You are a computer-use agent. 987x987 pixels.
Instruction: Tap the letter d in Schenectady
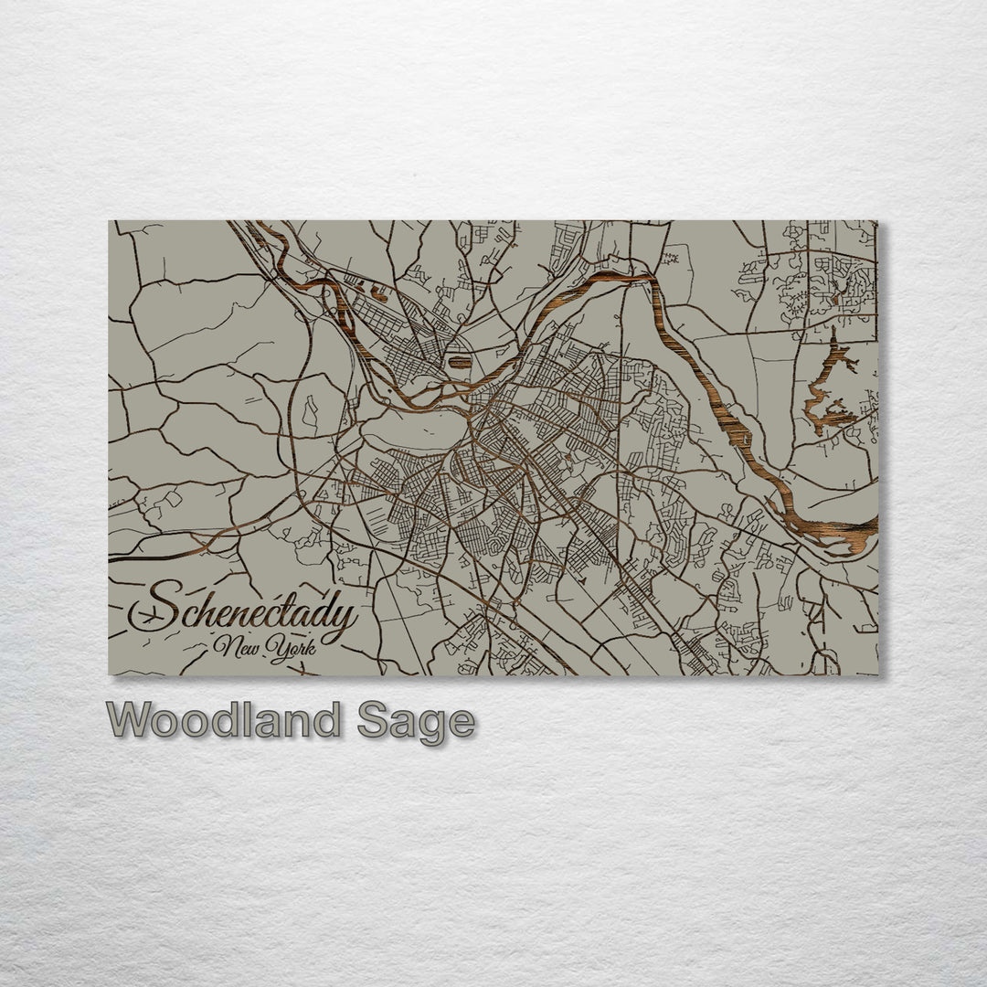[320, 605]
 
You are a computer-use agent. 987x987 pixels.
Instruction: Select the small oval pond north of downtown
[460, 362]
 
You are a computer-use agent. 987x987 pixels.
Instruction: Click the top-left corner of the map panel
[110, 221]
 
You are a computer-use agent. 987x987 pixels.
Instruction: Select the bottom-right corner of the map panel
[877, 674]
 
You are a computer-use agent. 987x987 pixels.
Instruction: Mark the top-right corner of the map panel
[877, 221]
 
